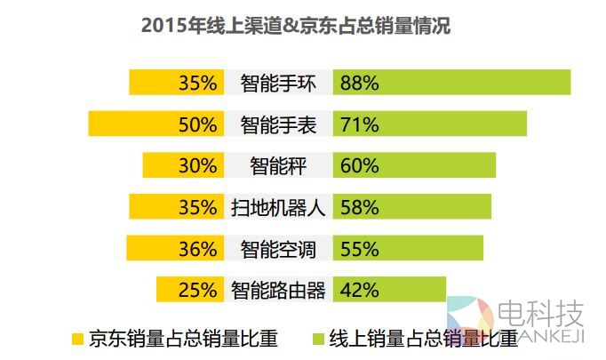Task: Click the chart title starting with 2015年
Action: point(296,27)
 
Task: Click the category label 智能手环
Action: point(278,84)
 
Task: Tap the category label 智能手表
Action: point(278,124)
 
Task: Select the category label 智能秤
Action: point(278,165)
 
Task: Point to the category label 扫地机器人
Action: point(278,207)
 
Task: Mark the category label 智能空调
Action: point(278,248)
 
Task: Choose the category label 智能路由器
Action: point(278,289)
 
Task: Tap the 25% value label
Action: point(197,289)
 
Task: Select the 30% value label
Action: point(197,165)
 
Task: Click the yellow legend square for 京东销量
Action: point(77,338)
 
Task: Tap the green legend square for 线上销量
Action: point(317,338)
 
